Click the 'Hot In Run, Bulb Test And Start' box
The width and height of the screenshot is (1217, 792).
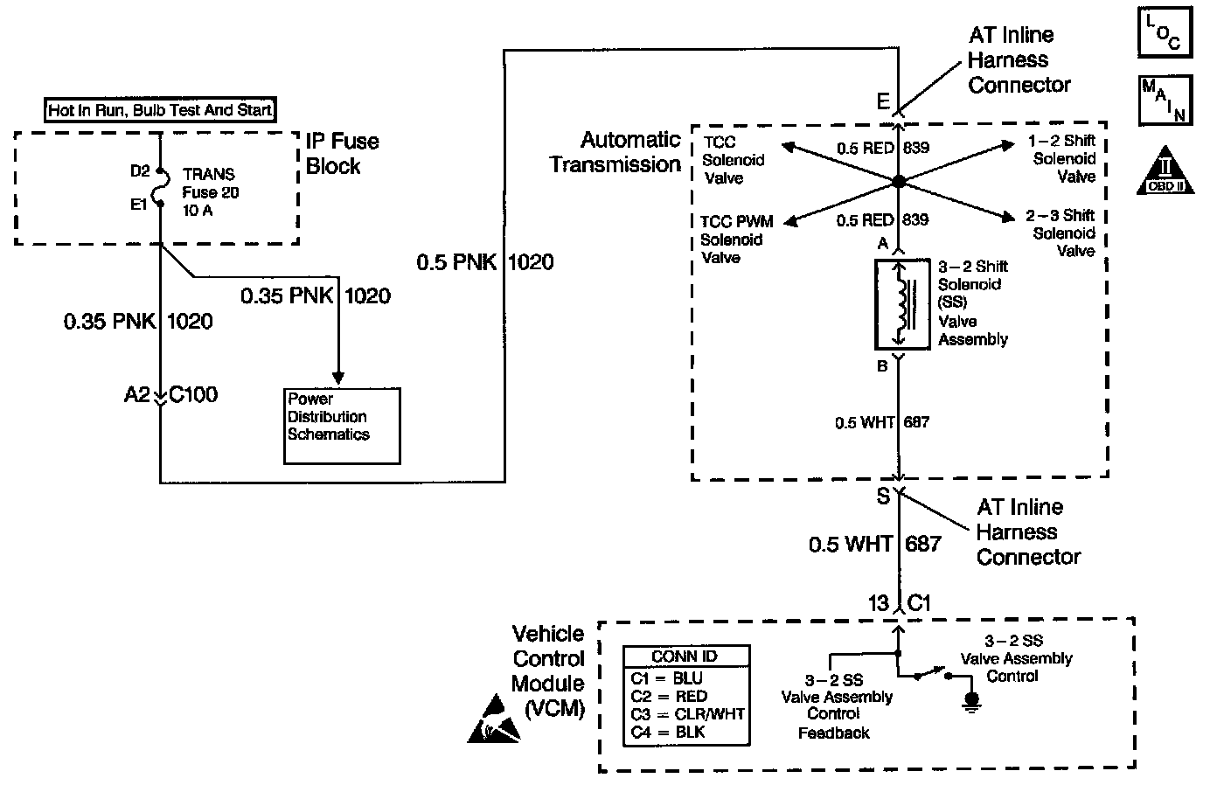pyautogui.click(x=160, y=110)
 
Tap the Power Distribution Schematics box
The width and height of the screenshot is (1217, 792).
pyautogui.click(x=342, y=425)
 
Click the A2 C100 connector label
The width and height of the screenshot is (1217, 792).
pyautogui.click(x=170, y=395)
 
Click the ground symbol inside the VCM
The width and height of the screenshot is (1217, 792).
pyautogui.click(x=970, y=702)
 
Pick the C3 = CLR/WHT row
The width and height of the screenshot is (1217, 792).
pyautogui.click(x=687, y=713)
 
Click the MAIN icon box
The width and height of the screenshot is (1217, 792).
pyautogui.click(x=1165, y=100)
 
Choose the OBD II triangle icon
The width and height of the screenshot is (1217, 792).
pyautogui.click(x=1165, y=170)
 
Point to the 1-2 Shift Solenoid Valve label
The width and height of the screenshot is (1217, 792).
pyautogui.click(x=1063, y=159)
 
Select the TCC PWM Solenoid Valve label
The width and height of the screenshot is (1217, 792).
pyautogui.click(x=737, y=240)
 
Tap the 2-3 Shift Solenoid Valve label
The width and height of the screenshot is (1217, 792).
pyautogui.click(x=1062, y=233)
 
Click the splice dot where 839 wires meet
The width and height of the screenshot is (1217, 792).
pyautogui.click(x=898, y=182)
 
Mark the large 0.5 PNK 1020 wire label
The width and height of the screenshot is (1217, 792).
pyautogui.click(x=484, y=261)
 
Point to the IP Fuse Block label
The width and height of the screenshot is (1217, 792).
pyautogui.click(x=342, y=154)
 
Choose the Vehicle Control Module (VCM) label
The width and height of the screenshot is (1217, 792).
pyautogui.click(x=548, y=671)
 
